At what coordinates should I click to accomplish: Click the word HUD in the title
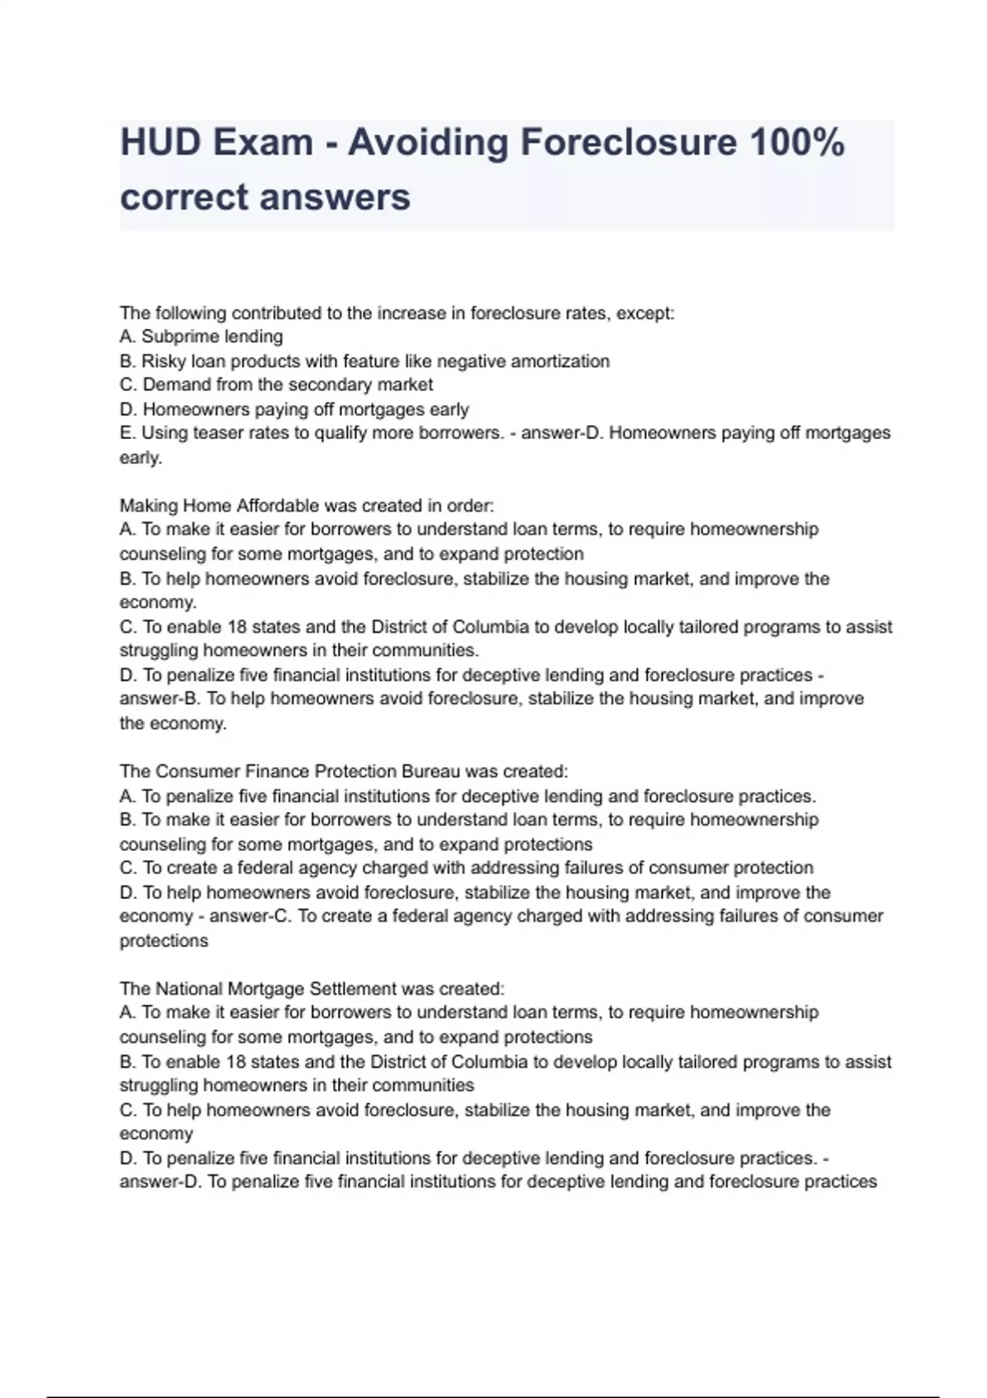160,142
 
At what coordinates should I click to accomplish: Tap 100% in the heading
797,142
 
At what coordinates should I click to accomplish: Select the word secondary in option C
333,385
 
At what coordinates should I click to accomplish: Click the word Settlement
358,988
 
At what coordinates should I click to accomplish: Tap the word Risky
164,361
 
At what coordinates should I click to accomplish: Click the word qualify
339,433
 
